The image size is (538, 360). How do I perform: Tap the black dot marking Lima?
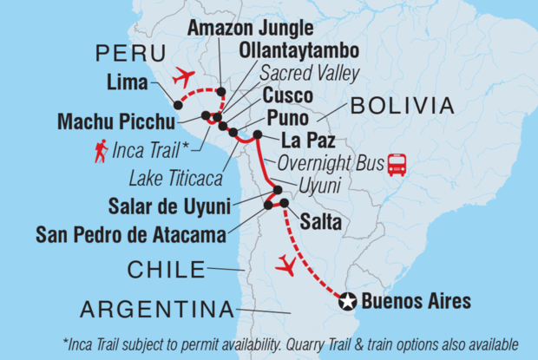(x=178, y=105)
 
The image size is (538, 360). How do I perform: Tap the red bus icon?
(x=397, y=164)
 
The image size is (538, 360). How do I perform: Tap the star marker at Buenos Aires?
(x=347, y=301)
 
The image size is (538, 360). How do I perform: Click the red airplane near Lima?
(x=185, y=78)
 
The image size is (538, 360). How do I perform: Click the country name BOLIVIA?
(x=401, y=107)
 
